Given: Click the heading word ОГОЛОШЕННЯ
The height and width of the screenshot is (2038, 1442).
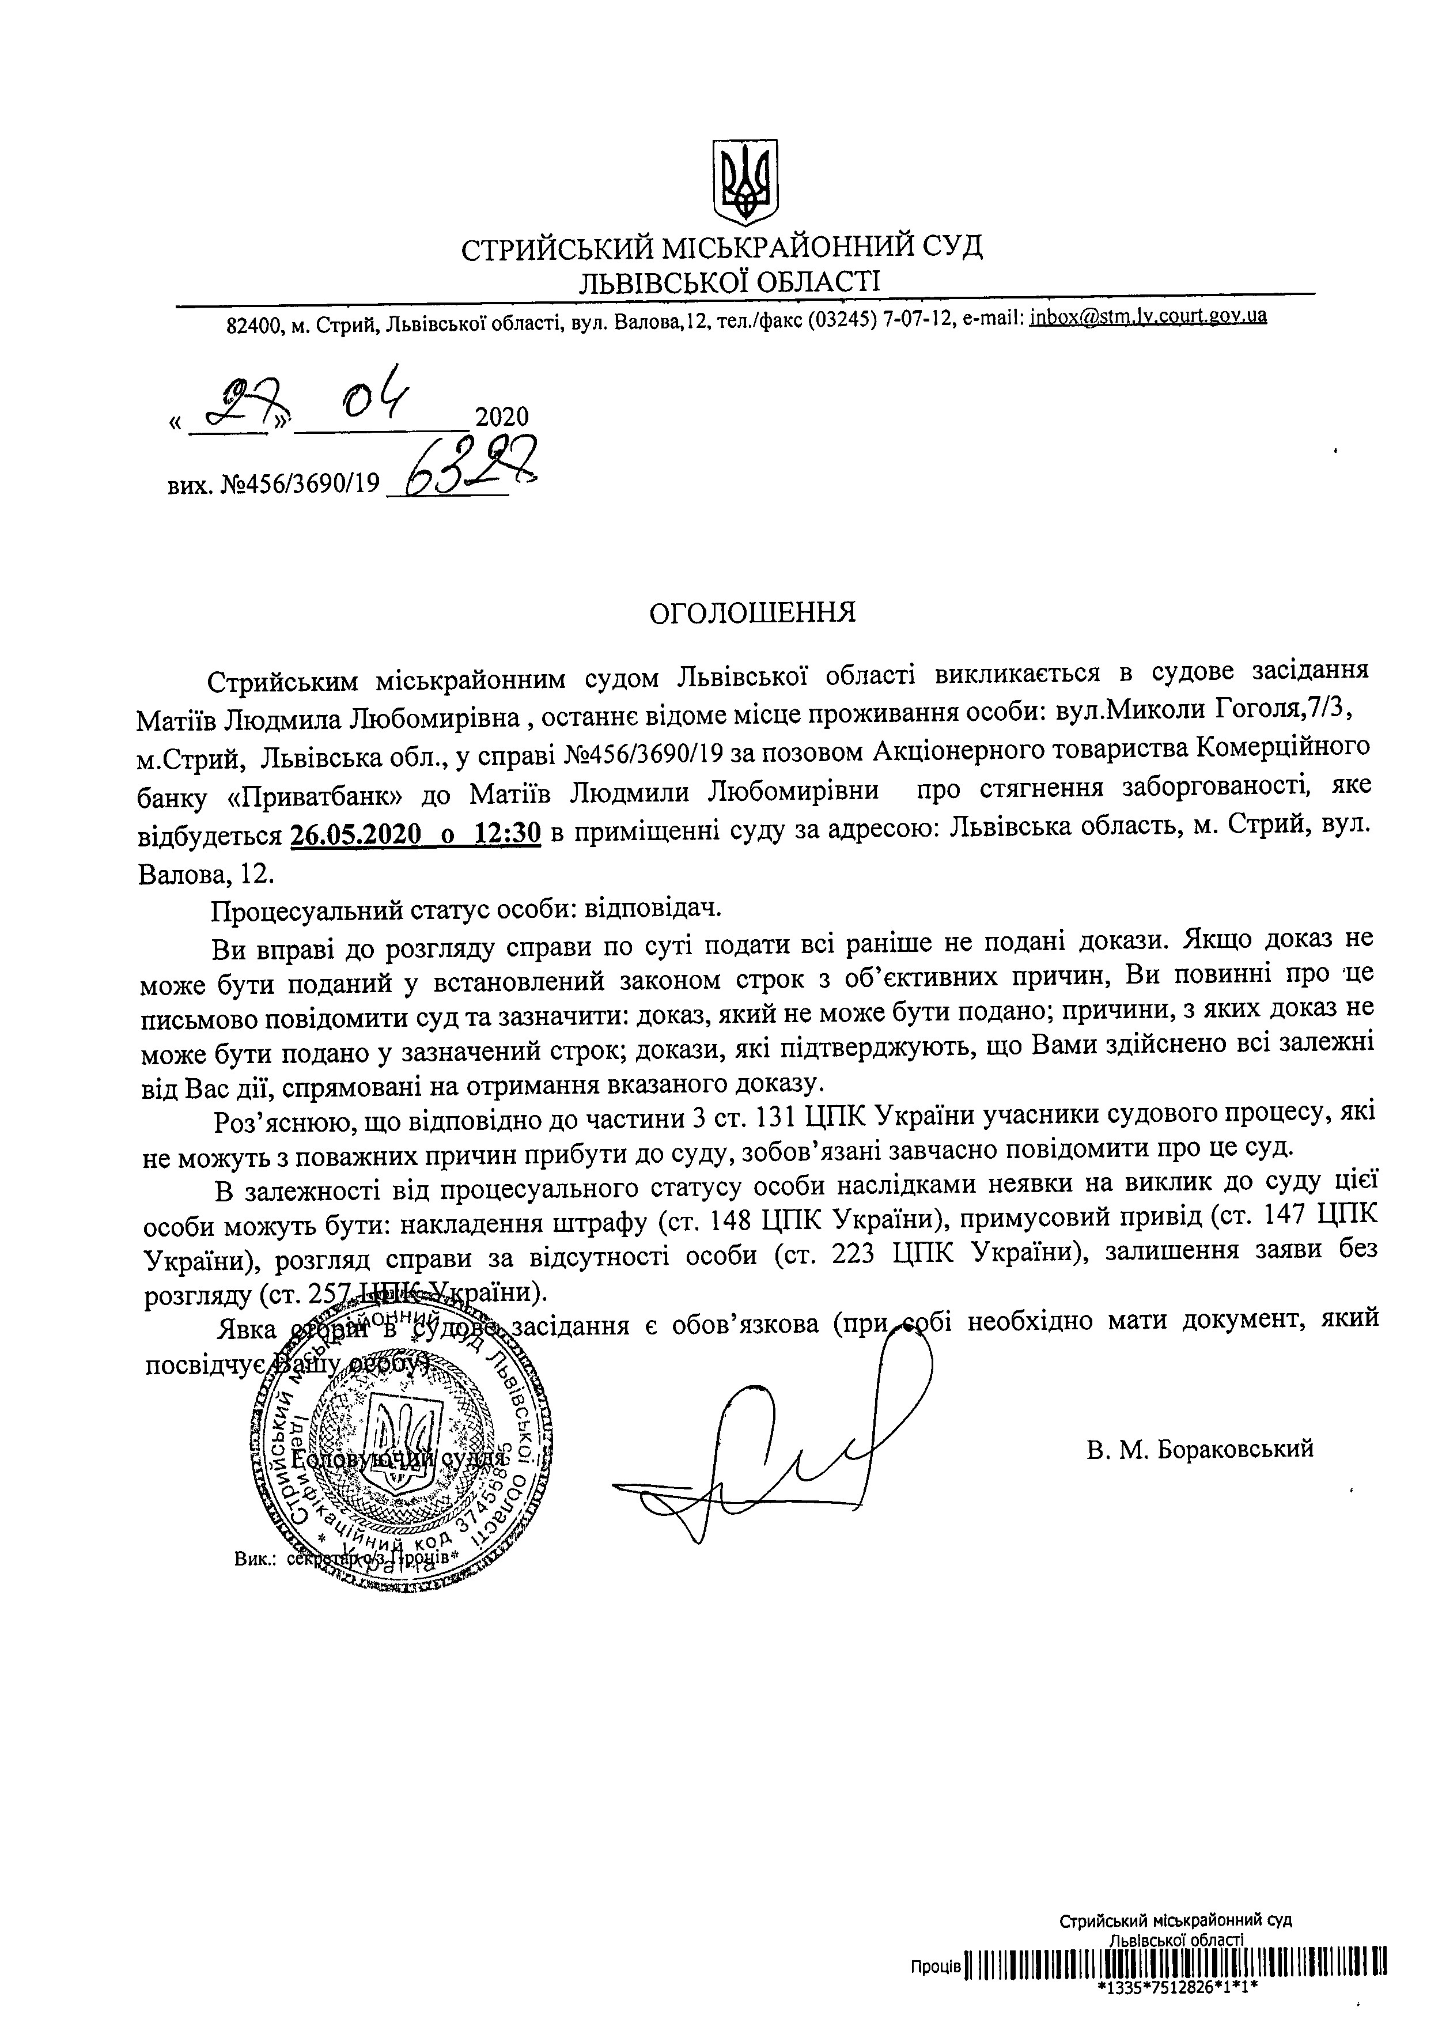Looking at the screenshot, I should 753,612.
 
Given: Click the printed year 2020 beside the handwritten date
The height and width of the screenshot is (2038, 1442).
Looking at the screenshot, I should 502,417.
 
